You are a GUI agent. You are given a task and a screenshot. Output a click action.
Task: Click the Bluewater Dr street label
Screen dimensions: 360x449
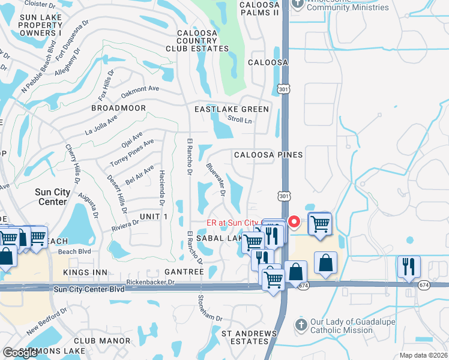[x=215, y=181]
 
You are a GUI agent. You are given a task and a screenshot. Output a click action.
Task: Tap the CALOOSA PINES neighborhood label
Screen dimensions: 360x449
[x=268, y=155]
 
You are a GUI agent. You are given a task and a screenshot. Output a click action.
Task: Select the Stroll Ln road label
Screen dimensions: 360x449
[x=239, y=120]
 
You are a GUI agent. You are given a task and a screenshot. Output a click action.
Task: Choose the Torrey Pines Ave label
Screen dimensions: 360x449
[x=132, y=154]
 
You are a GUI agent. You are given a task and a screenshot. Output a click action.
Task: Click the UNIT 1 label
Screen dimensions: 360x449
[x=154, y=215]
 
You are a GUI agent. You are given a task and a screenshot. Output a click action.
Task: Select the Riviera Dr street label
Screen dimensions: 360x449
[x=125, y=226]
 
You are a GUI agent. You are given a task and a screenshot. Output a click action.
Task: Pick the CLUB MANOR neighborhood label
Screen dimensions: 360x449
[x=107, y=341]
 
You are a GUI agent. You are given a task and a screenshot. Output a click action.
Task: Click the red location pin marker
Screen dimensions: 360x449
[x=294, y=221]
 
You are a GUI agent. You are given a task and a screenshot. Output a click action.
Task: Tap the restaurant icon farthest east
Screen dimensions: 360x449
[x=409, y=267]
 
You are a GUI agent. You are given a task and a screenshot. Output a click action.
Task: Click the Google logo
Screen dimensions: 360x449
[x=20, y=353]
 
